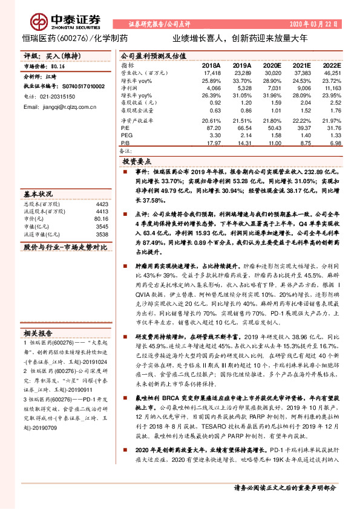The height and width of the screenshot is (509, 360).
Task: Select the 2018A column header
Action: pyautogui.click(x=211, y=65)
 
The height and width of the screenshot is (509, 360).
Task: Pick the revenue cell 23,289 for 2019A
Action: pyautogui.click(x=241, y=72)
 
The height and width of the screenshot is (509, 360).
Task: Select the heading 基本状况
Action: pyautogui.click(x=38, y=195)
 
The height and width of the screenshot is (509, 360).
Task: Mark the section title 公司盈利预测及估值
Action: pyautogui.click(x=151, y=55)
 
